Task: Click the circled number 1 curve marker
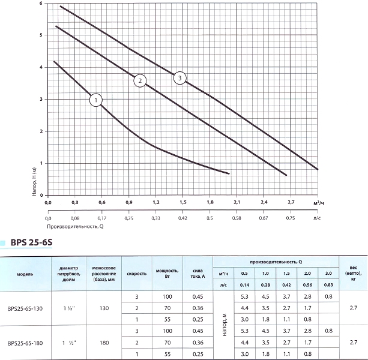point(96,100)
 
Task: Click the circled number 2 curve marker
point(140,80)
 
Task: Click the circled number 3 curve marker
point(179,77)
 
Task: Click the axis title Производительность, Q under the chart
point(75,227)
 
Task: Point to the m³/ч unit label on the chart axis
point(319,204)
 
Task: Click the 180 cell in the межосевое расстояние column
point(104,343)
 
